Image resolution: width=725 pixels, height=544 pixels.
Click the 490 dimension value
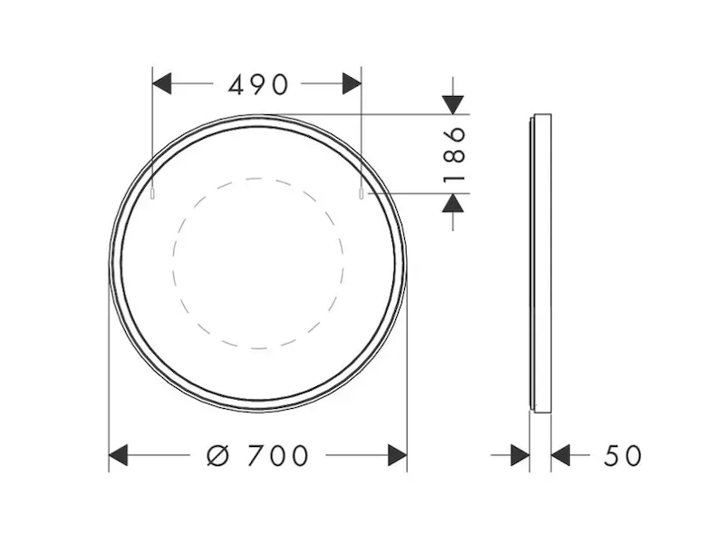pos(258,84)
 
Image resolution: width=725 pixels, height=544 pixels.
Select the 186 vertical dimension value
pos(454,154)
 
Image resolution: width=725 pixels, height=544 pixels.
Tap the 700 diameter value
pos(277,456)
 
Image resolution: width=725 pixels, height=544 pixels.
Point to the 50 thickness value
pos(623,456)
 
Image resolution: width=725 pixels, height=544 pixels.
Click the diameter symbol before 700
pos(218,456)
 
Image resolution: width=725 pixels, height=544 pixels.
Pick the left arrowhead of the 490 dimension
pos(162,83)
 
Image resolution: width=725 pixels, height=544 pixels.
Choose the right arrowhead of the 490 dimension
pos(352,83)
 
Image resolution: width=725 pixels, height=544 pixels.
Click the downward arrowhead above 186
pos(452,104)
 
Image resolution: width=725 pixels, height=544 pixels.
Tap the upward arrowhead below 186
pos(452,203)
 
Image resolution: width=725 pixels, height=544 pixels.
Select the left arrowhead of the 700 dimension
pos(118,455)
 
